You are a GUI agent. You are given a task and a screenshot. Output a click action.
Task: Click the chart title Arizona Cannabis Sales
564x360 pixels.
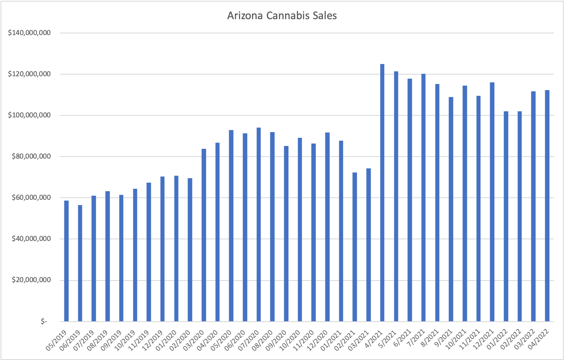click(282, 16)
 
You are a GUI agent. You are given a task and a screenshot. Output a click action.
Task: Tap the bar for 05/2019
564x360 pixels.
click(66, 261)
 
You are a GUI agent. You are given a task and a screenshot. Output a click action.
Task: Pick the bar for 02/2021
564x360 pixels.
click(355, 247)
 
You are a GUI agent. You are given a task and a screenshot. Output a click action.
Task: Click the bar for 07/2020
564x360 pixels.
click(259, 224)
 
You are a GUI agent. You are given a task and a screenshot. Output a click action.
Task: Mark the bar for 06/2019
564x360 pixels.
click(80, 263)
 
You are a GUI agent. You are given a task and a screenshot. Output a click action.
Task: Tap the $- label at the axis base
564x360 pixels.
click(44, 322)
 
